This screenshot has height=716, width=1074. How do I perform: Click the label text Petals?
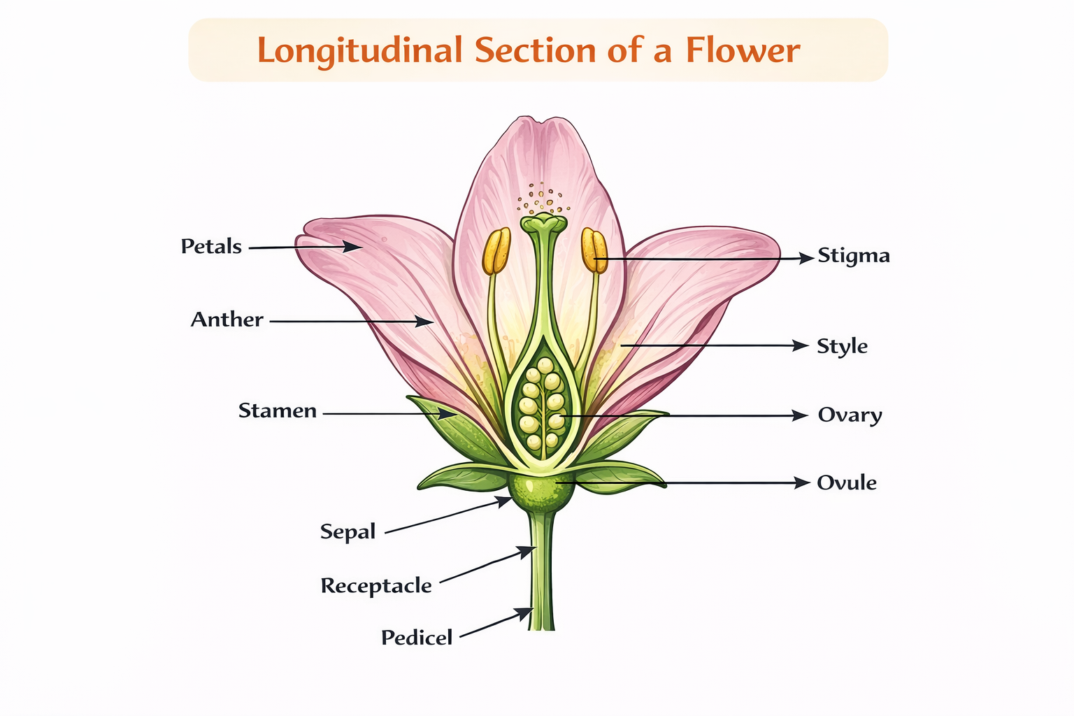(211, 246)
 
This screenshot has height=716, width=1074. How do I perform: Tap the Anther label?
(227, 320)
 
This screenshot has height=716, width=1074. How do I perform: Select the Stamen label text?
(277, 410)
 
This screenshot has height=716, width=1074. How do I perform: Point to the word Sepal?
(348, 531)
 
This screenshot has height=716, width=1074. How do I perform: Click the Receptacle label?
(375, 585)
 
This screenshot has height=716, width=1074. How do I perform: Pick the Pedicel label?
(416, 638)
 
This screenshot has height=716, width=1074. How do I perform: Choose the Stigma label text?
(854, 256)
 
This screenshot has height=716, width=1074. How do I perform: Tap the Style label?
(842, 346)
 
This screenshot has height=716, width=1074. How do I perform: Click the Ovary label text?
(850, 415)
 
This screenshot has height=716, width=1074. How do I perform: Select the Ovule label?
(846, 482)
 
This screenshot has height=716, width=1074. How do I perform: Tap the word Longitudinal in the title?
(359, 50)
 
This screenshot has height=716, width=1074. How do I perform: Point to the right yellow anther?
(594, 250)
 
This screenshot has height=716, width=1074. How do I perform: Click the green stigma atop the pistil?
(544, 224)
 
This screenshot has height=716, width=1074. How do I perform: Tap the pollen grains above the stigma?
(543, 199)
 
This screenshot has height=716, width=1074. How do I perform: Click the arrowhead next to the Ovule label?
(802, 482)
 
